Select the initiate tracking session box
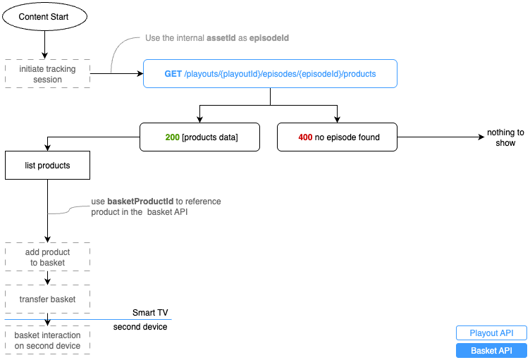tap(47, 74)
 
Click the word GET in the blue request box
tap(173, 74)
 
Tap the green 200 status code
tap(172, 137)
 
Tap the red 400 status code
tap(305, 137)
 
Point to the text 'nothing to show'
tap(505, 137)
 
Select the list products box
tap(47, 166)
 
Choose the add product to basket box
tap(47, 257)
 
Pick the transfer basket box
tap(47, 299)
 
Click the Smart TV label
tap(150, 312)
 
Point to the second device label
tap(140, 327)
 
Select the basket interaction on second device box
tap(47, 340)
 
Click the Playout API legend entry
tap(491, 333)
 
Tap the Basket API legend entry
tap(491, 350)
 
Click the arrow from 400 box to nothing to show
tap(437, 137)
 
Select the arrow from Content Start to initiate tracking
tap(45, 44)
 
